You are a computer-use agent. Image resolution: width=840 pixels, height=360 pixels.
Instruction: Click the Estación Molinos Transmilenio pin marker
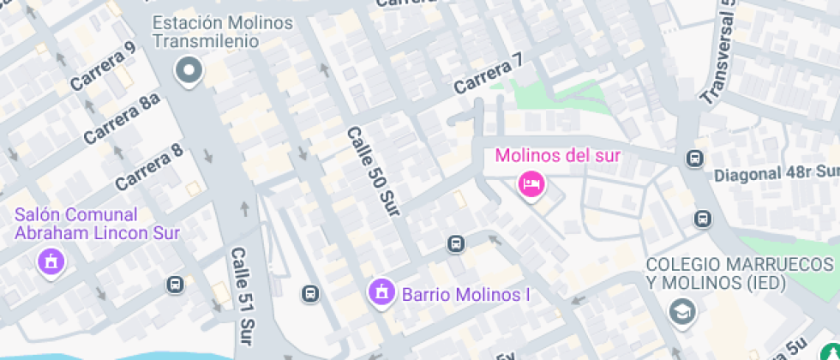[187, 71]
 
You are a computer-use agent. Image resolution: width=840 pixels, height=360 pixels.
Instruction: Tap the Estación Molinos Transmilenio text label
[222, 33]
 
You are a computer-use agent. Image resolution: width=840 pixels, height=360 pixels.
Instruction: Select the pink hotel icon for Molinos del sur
[531, 183]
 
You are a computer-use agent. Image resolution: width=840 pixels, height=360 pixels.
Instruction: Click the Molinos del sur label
[557, 156]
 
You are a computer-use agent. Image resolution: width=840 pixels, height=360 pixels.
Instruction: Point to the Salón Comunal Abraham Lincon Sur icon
[51, 261]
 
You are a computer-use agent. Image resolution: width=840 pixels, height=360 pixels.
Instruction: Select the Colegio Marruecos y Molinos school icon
[682, 310]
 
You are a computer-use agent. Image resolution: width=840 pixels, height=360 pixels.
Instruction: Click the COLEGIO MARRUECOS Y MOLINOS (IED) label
[740, 274]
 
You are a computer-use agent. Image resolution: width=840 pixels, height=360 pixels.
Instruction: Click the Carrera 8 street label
[149, 166]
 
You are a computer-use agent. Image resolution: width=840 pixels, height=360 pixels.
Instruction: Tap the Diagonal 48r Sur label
[777, 174]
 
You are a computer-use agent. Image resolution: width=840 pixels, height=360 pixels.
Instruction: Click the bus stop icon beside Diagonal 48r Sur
[694, 159]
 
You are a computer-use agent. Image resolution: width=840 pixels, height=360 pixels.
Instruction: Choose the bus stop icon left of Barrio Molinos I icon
[310, 294]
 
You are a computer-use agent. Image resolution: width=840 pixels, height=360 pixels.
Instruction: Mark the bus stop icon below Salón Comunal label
[176, 284]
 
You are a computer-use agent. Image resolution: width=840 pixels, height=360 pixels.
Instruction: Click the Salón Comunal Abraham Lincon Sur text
[97, 223]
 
